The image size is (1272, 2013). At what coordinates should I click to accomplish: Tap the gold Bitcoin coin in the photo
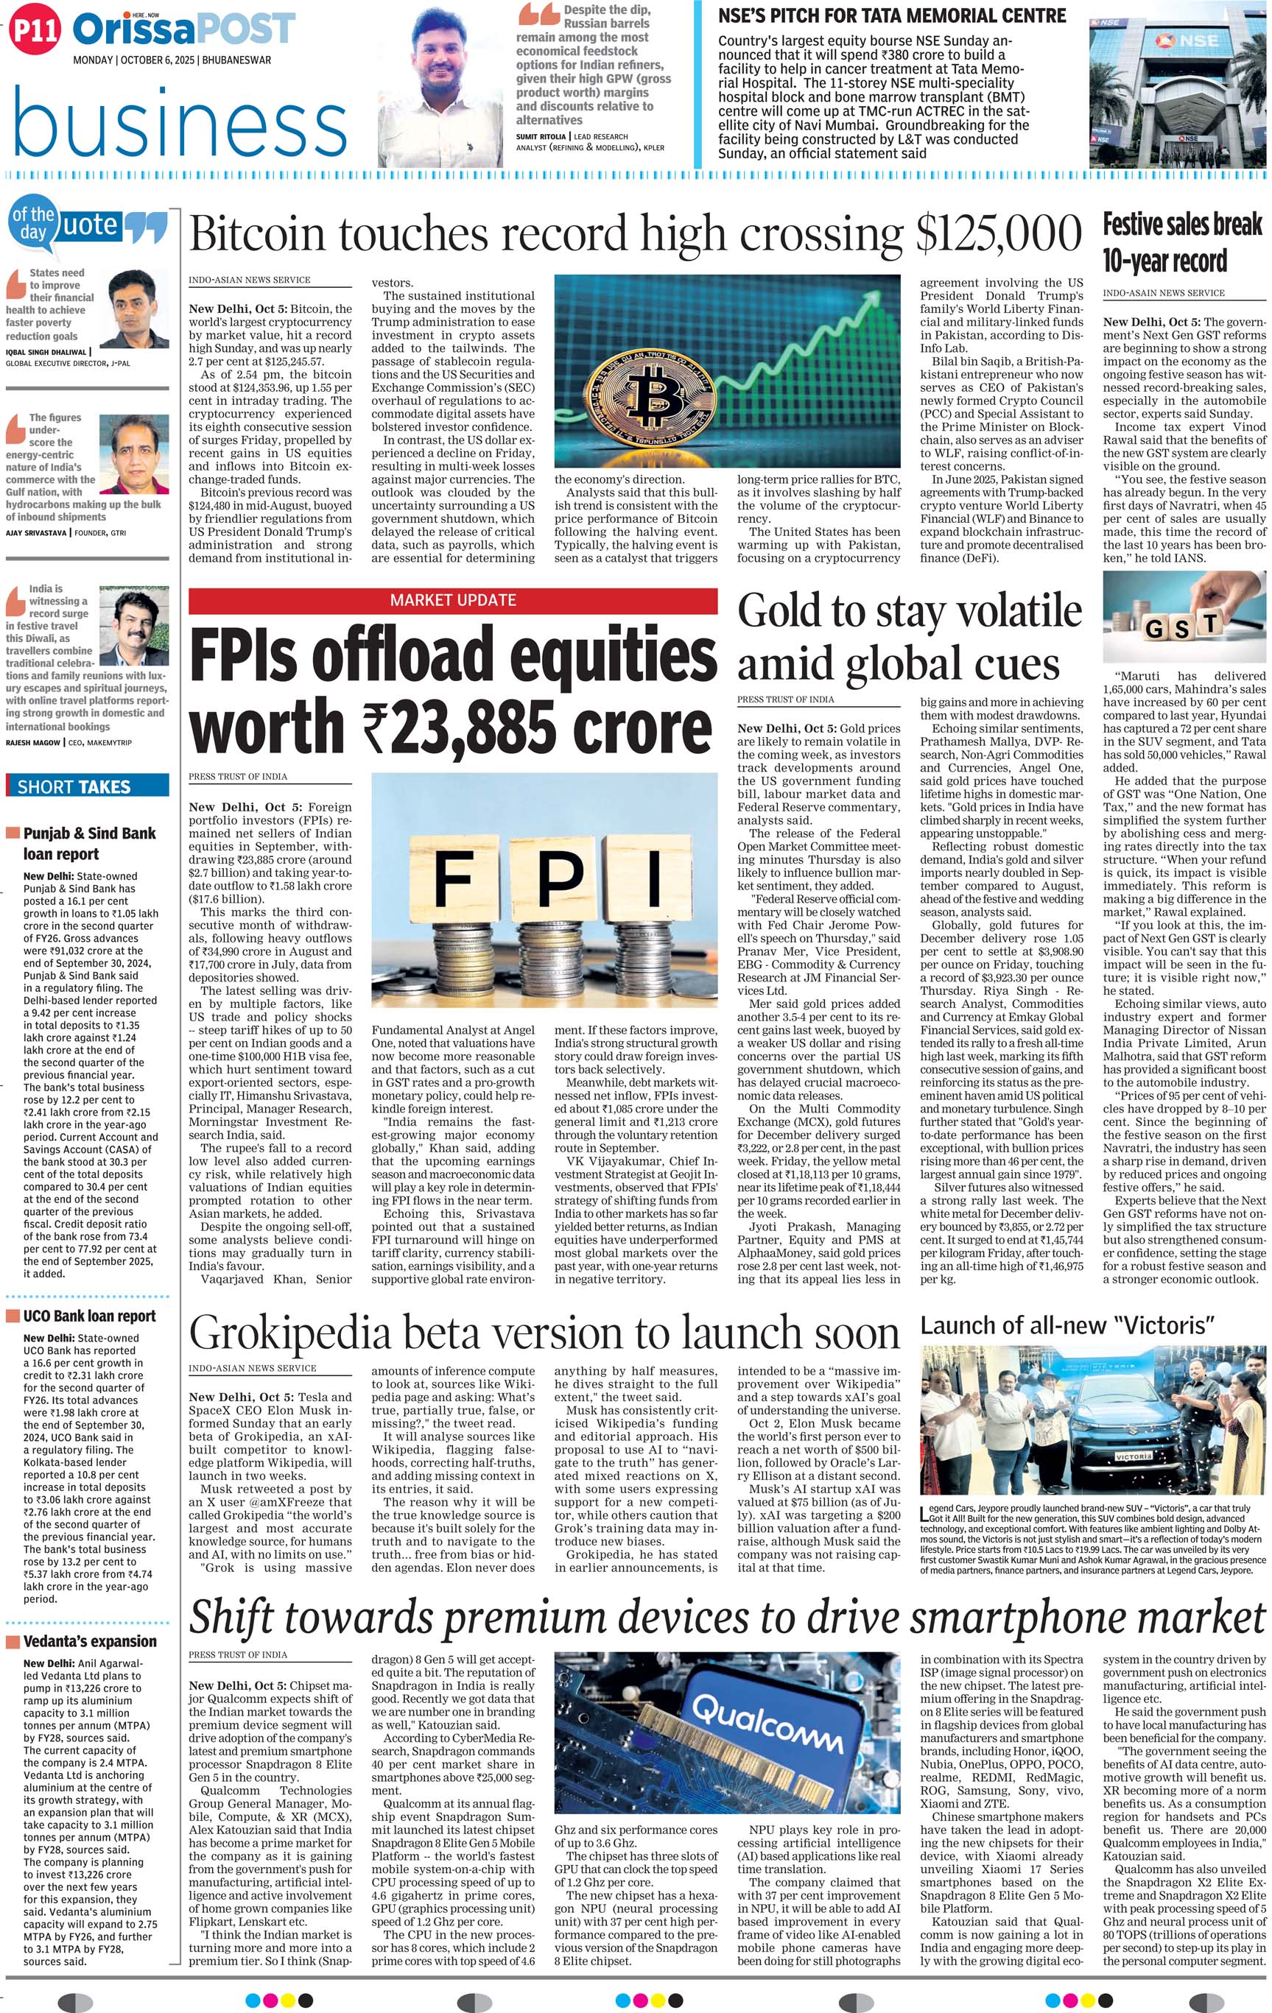coord(648,395)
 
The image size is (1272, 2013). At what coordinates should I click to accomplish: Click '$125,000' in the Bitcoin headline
coord(999,235)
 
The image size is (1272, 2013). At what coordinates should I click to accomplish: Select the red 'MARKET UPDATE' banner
coord(452,600)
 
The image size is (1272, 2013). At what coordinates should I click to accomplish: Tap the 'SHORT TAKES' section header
coord(74,786)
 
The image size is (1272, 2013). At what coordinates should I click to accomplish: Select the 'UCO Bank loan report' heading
coord(88,1316)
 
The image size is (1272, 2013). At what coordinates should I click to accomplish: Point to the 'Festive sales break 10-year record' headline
coord(1181,242)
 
